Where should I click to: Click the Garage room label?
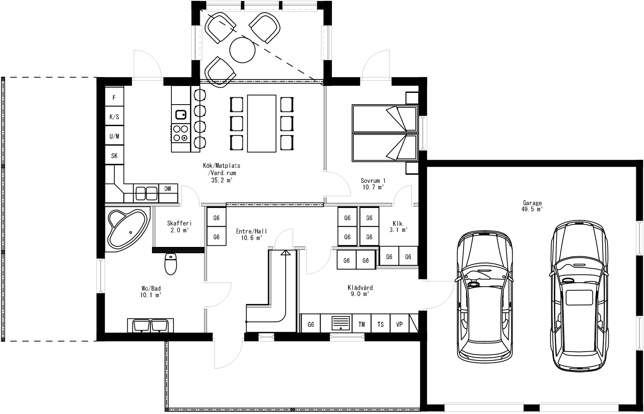[x=532, y=206]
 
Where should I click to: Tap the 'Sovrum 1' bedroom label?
[x=373, y=184]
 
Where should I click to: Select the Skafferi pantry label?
[x=179, y=226]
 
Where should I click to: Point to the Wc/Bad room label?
[x=151, y=292]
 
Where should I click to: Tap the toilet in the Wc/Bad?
[x=171, y=264]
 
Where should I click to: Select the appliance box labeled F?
[x=114, y=97]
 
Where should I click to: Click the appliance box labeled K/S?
[x=114, y=117]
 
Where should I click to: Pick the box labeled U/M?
[x=114, y=136]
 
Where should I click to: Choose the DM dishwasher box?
[x=167, y=189]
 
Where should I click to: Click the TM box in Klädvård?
[x=362, y=324]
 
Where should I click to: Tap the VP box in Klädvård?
[x=400, y=324]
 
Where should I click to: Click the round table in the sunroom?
[x=242, y=49]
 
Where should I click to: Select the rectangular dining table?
[x=262, y=123]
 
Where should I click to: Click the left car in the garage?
[x=484, y=296]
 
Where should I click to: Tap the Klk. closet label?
[x=398, y=226]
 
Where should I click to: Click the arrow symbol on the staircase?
[x=286, y=253]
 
